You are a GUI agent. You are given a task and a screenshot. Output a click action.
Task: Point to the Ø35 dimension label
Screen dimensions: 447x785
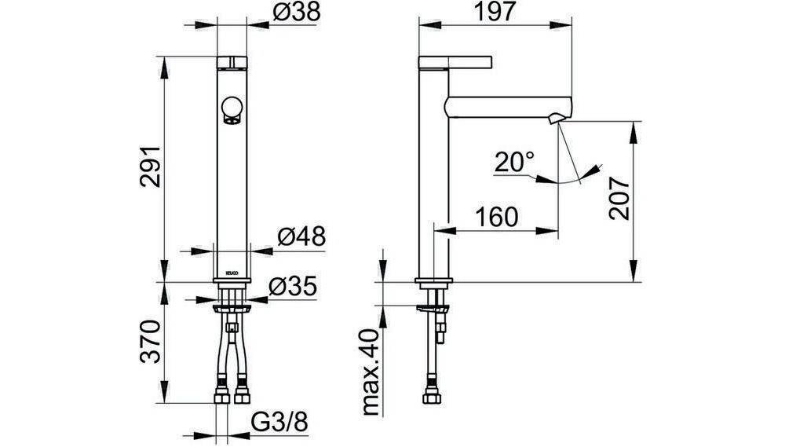tap(292, 288)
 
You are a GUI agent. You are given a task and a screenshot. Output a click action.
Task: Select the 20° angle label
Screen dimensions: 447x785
tap(514, 163)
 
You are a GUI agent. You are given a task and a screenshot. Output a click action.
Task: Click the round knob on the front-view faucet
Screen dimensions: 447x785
tap(232, 108)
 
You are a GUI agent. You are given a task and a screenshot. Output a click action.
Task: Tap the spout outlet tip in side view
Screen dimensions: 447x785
tap(557, 119)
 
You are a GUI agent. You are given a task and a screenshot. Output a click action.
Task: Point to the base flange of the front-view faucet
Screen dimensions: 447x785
tap(232, 281)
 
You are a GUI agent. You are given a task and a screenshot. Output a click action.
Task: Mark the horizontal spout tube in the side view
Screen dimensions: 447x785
tap(502, 105)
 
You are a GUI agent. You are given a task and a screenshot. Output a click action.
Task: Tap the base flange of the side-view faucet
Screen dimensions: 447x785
tap(434, 281)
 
